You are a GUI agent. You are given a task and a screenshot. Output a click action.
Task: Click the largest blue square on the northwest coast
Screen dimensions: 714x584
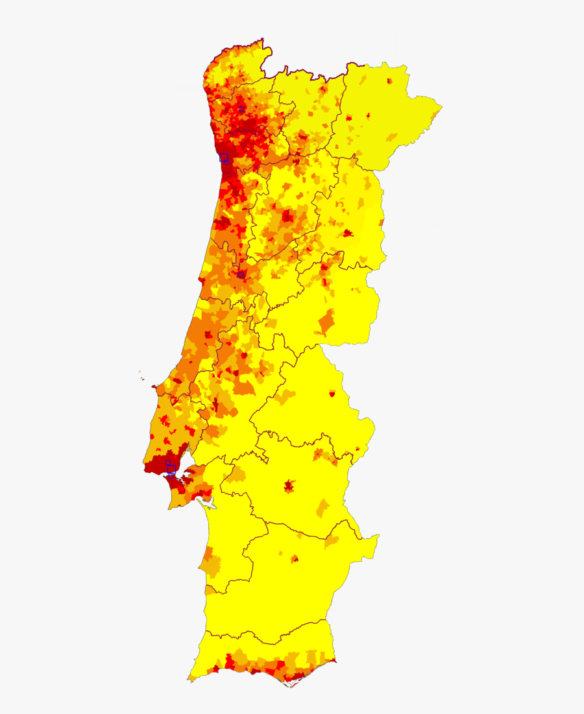coord(224,157)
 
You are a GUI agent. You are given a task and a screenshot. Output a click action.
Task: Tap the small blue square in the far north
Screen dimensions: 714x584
coord(242,108)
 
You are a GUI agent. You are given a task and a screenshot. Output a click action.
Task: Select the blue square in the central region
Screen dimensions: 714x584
coord(241,274)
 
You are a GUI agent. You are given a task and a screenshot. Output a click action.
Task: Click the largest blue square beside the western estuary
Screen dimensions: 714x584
coord(171,469)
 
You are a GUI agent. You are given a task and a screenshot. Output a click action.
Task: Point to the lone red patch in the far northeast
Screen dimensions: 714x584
coord(389,82)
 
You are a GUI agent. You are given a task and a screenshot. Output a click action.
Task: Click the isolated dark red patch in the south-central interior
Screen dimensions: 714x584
coord(289,485)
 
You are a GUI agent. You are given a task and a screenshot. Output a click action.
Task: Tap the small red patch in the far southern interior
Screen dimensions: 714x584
coord(295,558)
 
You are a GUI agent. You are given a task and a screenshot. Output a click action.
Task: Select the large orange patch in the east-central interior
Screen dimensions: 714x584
coord(327,321)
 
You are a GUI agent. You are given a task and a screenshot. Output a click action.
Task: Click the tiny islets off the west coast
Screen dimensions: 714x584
coord(140,372)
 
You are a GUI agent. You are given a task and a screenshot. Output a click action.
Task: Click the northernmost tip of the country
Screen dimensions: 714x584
coord(263,40)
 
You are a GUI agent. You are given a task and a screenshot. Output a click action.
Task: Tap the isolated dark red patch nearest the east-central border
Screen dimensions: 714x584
coord(347,233)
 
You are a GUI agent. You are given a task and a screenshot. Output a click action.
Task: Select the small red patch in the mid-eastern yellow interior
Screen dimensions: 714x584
coord(332,393)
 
